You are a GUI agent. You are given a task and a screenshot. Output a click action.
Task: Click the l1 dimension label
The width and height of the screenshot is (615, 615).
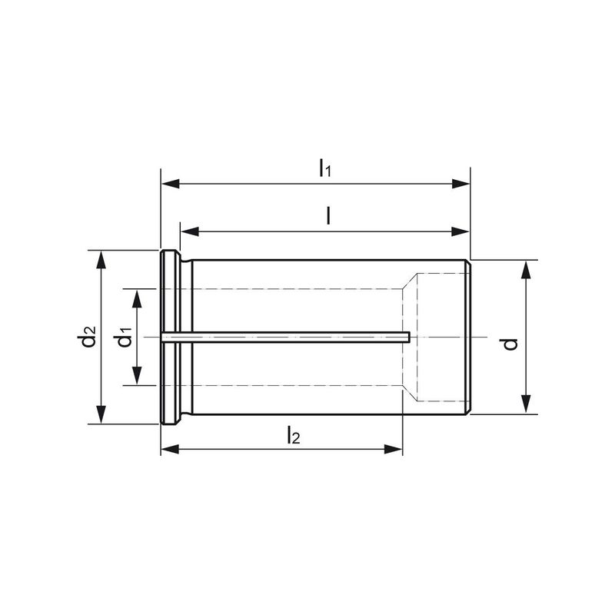[324, 168]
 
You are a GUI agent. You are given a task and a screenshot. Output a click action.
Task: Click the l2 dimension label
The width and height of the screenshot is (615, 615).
[294, 435]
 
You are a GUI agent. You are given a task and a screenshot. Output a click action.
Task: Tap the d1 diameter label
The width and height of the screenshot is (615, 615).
[124, 337]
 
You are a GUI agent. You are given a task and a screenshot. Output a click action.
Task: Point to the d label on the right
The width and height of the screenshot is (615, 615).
[510, 344]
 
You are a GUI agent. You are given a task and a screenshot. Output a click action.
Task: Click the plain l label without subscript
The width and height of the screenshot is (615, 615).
[328, 216]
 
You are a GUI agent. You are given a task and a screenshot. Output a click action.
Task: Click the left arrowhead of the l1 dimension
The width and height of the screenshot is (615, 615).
[171, 183]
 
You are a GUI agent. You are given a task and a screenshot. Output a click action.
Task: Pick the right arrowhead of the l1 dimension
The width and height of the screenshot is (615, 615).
[460, 183]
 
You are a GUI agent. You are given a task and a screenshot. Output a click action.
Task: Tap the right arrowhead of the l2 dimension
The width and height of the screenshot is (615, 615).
[393, 450]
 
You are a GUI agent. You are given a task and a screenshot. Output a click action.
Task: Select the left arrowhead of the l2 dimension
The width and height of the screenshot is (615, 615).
[171, 450]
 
